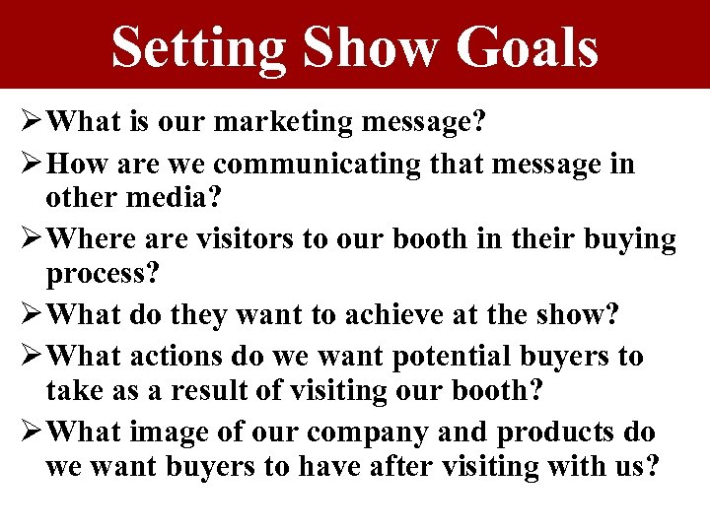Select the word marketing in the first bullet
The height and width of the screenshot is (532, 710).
pos(292,123)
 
